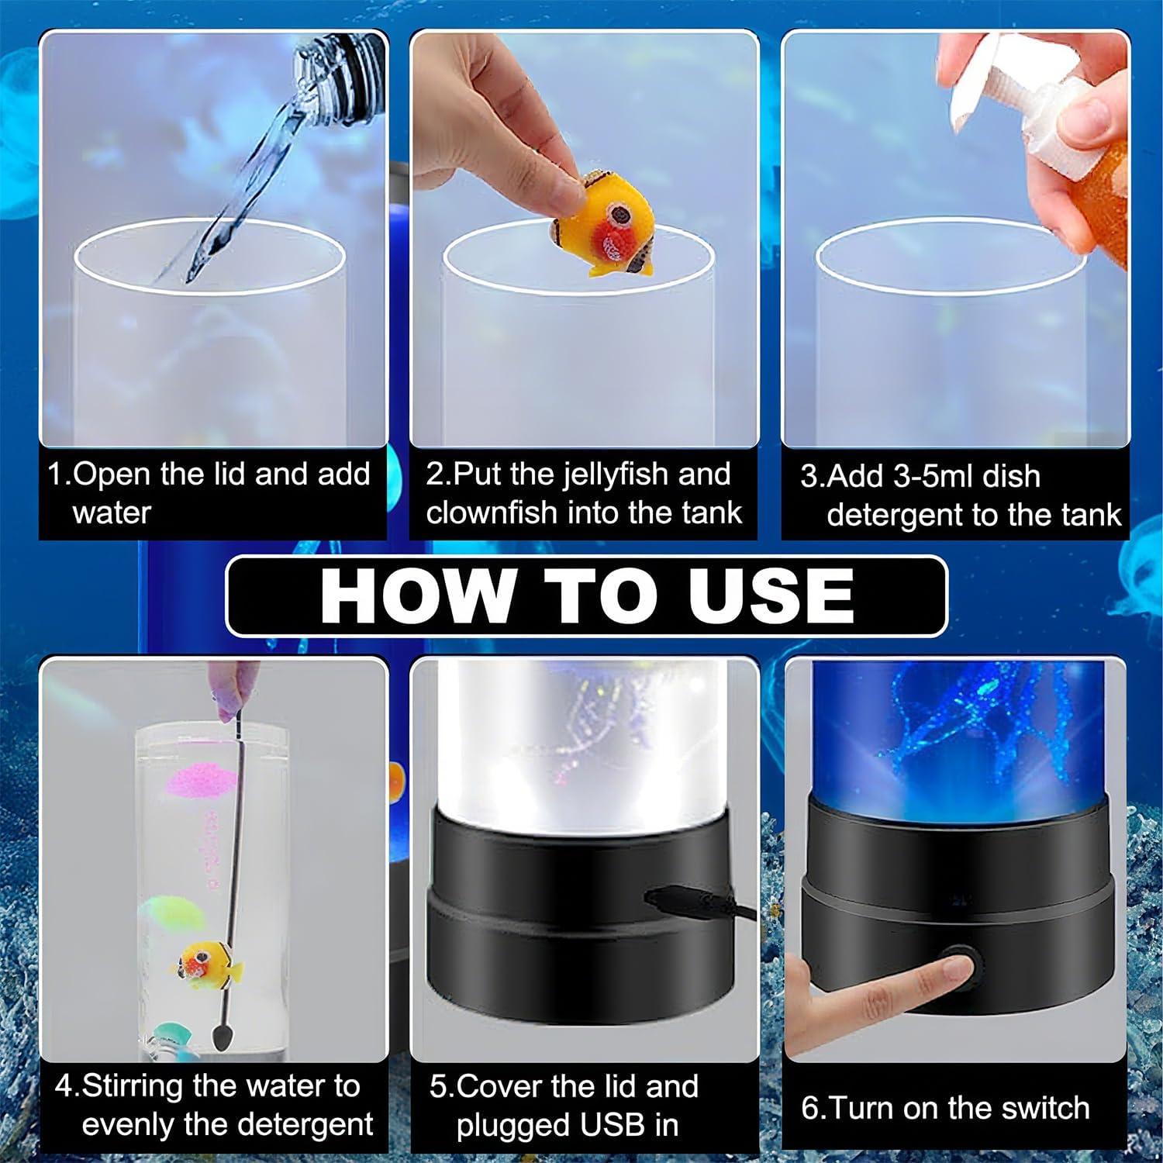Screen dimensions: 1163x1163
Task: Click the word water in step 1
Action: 112,513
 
